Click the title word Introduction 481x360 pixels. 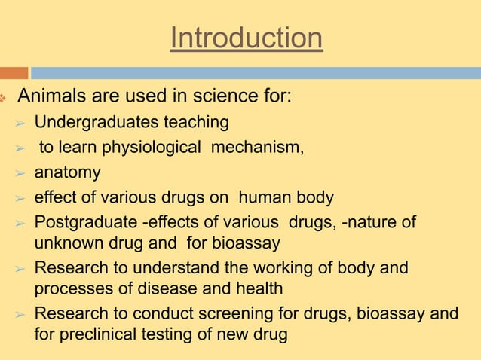(x=247, y=38)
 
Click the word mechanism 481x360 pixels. (x=257, y=147)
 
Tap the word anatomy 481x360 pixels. (x=67, y=172)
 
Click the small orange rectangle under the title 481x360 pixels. (x=14, y=73)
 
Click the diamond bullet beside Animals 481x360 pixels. (x=4, y=99)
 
